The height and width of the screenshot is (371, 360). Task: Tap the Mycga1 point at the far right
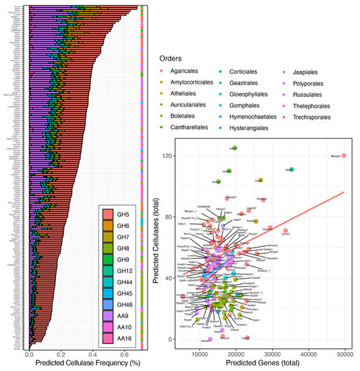pos(344,156)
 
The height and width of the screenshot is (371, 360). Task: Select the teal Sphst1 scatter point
pos(291,170)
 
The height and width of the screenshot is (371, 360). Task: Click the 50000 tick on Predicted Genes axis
pos(345,353)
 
